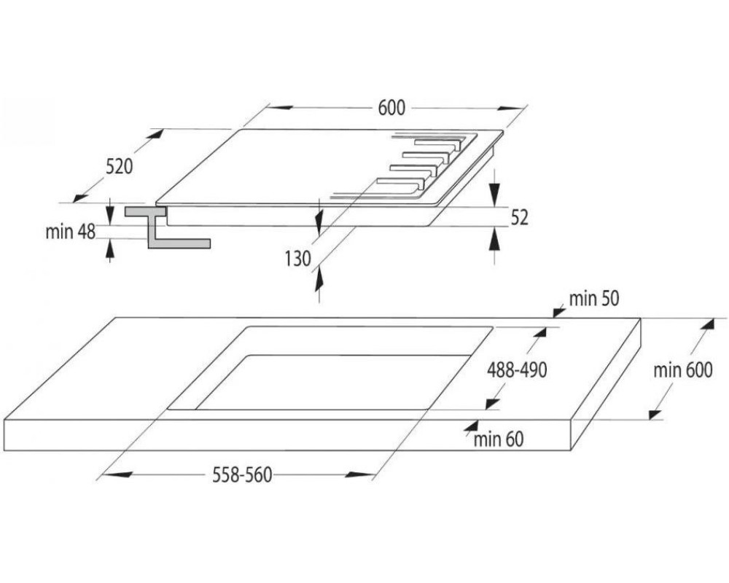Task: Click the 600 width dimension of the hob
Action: pos(391,108)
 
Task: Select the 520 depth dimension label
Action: pos(120,166)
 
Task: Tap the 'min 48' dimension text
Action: pos(70,232)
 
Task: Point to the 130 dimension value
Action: pos(297,259)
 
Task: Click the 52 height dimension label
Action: pos(520,217)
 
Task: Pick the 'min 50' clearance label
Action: pos(594,299)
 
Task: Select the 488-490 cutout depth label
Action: pos(517,370)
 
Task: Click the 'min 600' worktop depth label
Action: pos(682,370)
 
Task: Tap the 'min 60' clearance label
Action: pos(499,439)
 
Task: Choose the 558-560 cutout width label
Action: pos(242,475)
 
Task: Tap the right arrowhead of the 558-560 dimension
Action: pos(360,474)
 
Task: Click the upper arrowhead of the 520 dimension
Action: pos(155,135)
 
